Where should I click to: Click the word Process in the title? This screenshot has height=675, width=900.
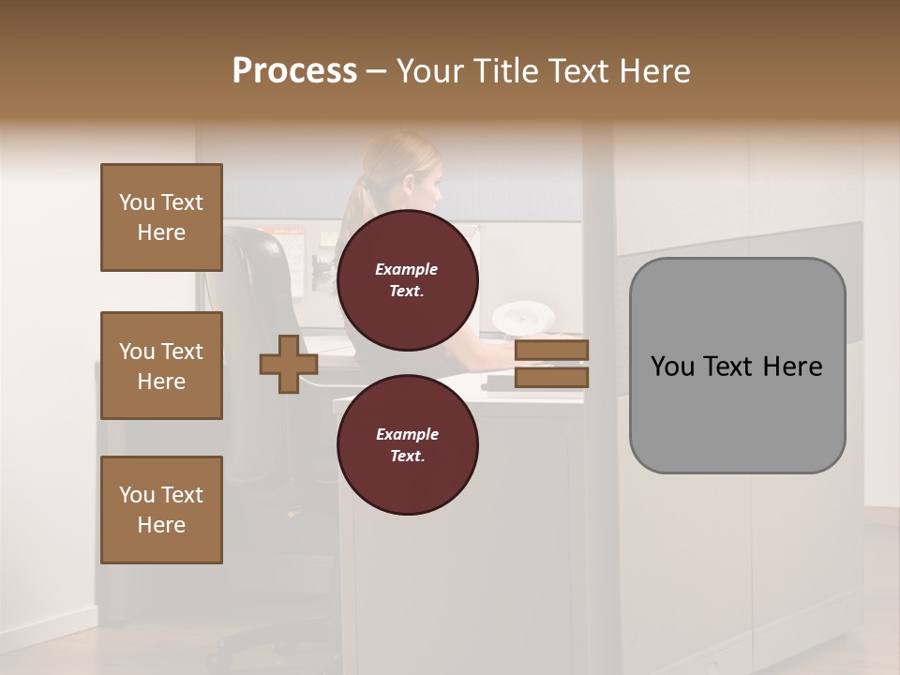294,71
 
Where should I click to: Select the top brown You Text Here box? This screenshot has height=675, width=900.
161,217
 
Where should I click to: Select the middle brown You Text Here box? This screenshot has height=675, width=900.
161,366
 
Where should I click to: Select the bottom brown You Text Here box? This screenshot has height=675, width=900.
161,509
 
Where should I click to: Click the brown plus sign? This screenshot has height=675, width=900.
289,364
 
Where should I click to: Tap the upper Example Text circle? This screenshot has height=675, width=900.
407,279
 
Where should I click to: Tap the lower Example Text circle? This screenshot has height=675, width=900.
407,444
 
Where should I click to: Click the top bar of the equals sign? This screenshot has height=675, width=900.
551,351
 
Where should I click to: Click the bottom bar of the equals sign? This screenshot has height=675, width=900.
551,377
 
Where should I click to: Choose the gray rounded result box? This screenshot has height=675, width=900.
737,366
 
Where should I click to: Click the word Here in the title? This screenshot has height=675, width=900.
652,71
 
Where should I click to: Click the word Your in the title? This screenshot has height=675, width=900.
427,71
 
